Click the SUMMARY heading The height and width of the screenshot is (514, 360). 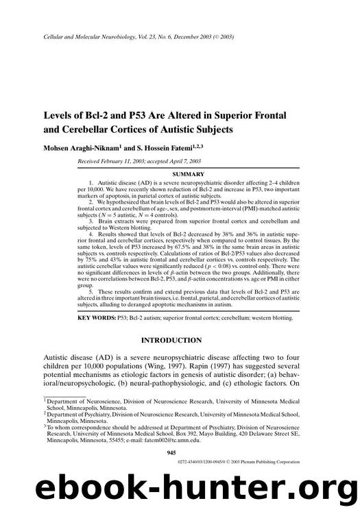180,175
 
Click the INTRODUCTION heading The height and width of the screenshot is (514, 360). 171,341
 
